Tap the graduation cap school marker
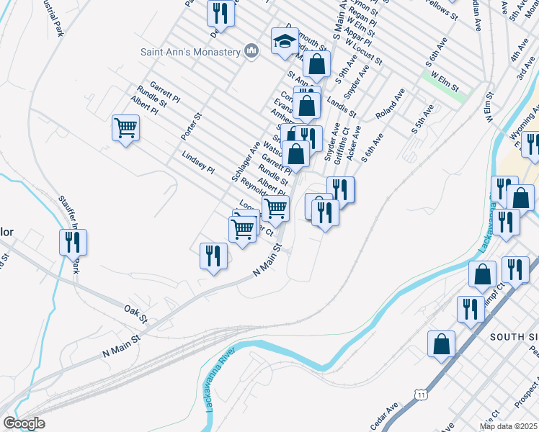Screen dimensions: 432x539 pos(285,42)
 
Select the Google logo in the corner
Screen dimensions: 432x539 pos(24,423)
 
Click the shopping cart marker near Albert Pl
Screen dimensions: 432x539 pos(126,128)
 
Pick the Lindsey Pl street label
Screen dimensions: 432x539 pos(198,162)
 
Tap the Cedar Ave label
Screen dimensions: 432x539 pos(384,417)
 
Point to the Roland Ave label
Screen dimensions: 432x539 pos(390,104)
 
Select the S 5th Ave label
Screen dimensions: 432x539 pos(422,120)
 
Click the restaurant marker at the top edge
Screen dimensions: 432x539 pos(220,13)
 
